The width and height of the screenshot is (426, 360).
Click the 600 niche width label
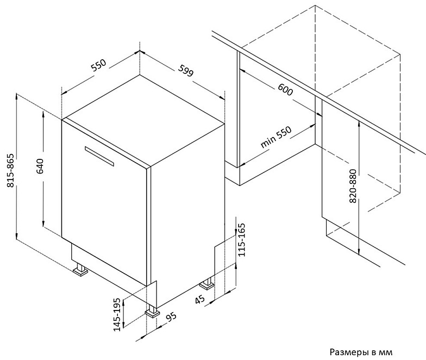coord(284,90)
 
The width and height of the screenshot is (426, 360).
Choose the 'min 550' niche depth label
coord(276,138)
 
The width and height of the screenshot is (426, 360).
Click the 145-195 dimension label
coord(116,315)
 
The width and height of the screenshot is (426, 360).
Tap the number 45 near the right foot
coord(199,298)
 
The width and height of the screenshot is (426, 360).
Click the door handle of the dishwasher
coord(99,156)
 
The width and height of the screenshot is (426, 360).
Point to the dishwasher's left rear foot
coord(82,270)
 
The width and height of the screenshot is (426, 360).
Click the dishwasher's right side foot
coord(207,284)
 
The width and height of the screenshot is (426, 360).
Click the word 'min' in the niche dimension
coord(267,142)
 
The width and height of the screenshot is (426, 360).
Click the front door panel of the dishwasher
coord(103,201)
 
